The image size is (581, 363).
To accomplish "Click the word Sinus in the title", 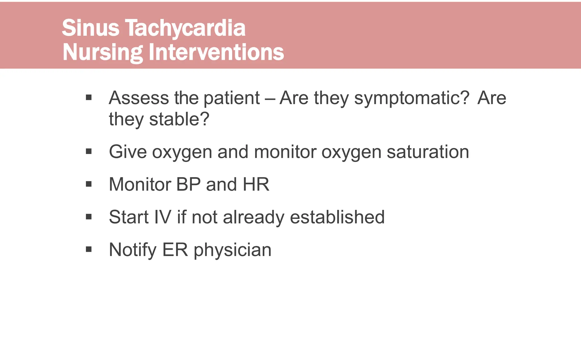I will (x=90, y=28).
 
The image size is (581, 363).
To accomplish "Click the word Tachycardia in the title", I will (x=185, y=28).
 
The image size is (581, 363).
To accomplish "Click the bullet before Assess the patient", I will (x=89, y=98).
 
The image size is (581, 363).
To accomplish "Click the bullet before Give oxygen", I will (x=89, y=152).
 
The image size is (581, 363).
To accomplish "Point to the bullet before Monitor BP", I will (x=89, y=184).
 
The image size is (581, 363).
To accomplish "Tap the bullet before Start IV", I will (x=89, y=217).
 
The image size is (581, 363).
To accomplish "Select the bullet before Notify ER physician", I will (x=89, y=250).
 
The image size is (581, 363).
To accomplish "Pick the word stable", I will (x=179, y=119).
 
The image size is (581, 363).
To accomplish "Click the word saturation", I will (x=428, y=152).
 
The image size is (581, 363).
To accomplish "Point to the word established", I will (x=337, y=217).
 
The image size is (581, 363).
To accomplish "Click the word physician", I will (x=232, y=250).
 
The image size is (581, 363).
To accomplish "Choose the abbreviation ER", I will (x=175, y=250).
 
